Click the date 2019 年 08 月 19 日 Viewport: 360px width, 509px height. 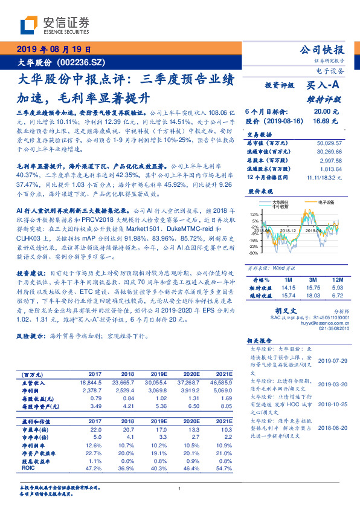53,50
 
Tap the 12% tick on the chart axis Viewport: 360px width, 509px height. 254,214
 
